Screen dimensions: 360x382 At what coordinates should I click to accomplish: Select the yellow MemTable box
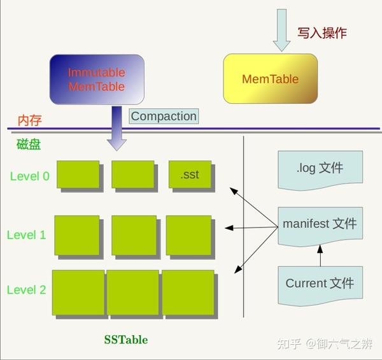click(270, 79)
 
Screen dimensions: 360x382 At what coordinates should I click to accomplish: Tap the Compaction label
click(164, 116)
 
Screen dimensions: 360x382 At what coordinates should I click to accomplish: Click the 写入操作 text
click(322, 33)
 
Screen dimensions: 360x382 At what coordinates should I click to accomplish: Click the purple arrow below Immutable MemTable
click(117, 129)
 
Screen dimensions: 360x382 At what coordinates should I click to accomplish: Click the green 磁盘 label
click(29, 144)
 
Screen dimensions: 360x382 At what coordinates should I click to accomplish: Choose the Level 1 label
click(27, 234)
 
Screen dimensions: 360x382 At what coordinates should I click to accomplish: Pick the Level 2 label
click(27, 290)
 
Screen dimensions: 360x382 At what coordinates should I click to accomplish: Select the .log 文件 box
click(320, 169)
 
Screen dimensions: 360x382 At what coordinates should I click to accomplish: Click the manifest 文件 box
click(320, 224)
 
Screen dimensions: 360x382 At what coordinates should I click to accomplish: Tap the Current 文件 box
click(320, 284)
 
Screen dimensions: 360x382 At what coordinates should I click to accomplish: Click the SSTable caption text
click(126, 340)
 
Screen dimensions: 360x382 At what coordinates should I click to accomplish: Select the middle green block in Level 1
click(134, 236)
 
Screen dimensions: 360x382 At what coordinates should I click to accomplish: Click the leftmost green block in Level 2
click(78, 292)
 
